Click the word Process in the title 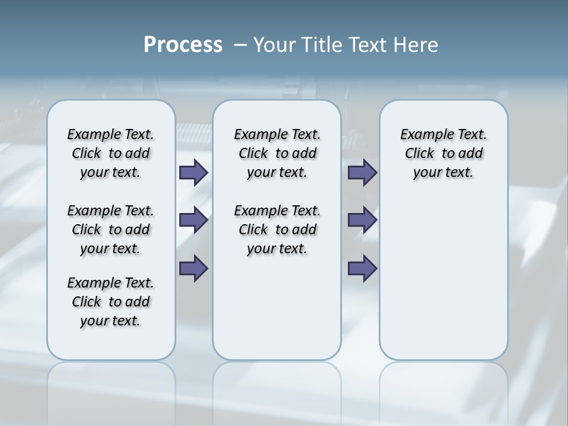183,44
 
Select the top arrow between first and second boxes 193,173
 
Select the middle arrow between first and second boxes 193,221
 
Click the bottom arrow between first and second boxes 193,269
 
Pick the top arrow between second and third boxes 362,173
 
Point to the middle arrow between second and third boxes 362,221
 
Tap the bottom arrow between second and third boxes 362,269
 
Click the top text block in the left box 111,153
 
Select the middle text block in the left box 111,230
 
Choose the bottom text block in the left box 111,302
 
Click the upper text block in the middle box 277,153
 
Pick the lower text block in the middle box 277,230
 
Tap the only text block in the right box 443,153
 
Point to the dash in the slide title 240,45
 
